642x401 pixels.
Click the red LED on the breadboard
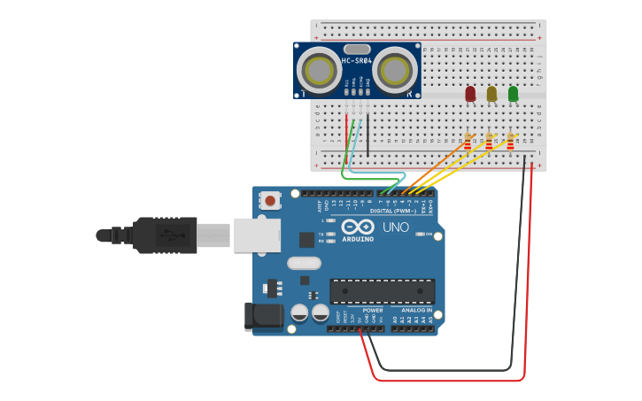click(470, 93)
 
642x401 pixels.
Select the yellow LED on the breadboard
click(491, 93)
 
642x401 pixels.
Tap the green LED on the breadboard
click(513, 93)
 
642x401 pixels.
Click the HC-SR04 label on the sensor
click(356, 61)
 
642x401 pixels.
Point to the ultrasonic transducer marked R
click(395, 71)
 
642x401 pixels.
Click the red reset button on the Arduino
click(270, 202)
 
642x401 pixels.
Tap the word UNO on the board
click(396, 227)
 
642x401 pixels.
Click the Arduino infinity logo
click(358, 227)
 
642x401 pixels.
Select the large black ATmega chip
click(382, 290)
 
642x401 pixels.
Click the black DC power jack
click(264, 317)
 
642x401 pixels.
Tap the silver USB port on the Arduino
click(257, 235)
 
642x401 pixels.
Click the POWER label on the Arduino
click(373, 311)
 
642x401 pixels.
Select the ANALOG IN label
click(415, 311)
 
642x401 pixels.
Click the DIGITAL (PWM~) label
click(393, 212)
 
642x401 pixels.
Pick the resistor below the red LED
click(468, 143)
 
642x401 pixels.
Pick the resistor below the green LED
click(510, 143)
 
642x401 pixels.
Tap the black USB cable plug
click(164, 235)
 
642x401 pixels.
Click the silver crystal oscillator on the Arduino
click(304, 263)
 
